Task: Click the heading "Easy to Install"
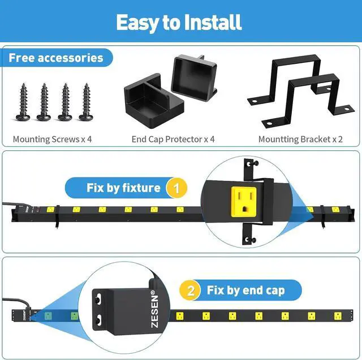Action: (x=179, y=22)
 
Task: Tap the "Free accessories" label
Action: (x=56, y=58)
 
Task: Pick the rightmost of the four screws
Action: (x=87, y=102)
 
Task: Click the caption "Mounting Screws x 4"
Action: (x=52, y=138)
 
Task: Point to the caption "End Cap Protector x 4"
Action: (x=173, y=138)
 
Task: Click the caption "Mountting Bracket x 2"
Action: (x=300, y=138)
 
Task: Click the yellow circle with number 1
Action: (x=176, y=188)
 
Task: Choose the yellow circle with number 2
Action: (x=191, y=291)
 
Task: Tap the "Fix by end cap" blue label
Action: (x=243, y=291)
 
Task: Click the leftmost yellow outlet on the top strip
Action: (x=50, y=209)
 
